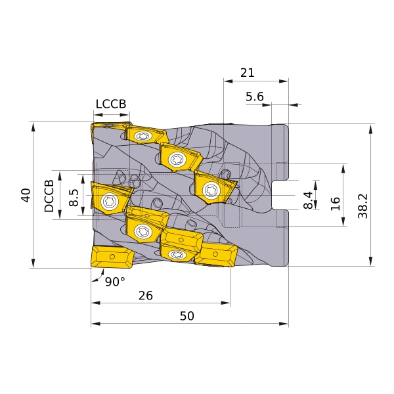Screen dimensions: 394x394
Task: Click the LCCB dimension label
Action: coord(111,104)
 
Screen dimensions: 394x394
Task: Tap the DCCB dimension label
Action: coord(49,196)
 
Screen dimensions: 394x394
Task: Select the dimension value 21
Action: coord(248,73)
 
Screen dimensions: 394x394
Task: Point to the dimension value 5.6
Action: coord(255,97)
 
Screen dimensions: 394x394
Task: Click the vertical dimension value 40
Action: coord(26,195)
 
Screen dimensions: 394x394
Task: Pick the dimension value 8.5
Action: coord(74,198)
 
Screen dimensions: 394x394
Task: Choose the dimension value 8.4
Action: coord(308,200)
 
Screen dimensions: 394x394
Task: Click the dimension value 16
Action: coord(335,204)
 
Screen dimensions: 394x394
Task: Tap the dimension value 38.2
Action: coord(362,206)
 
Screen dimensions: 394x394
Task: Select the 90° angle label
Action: coord(115,282)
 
